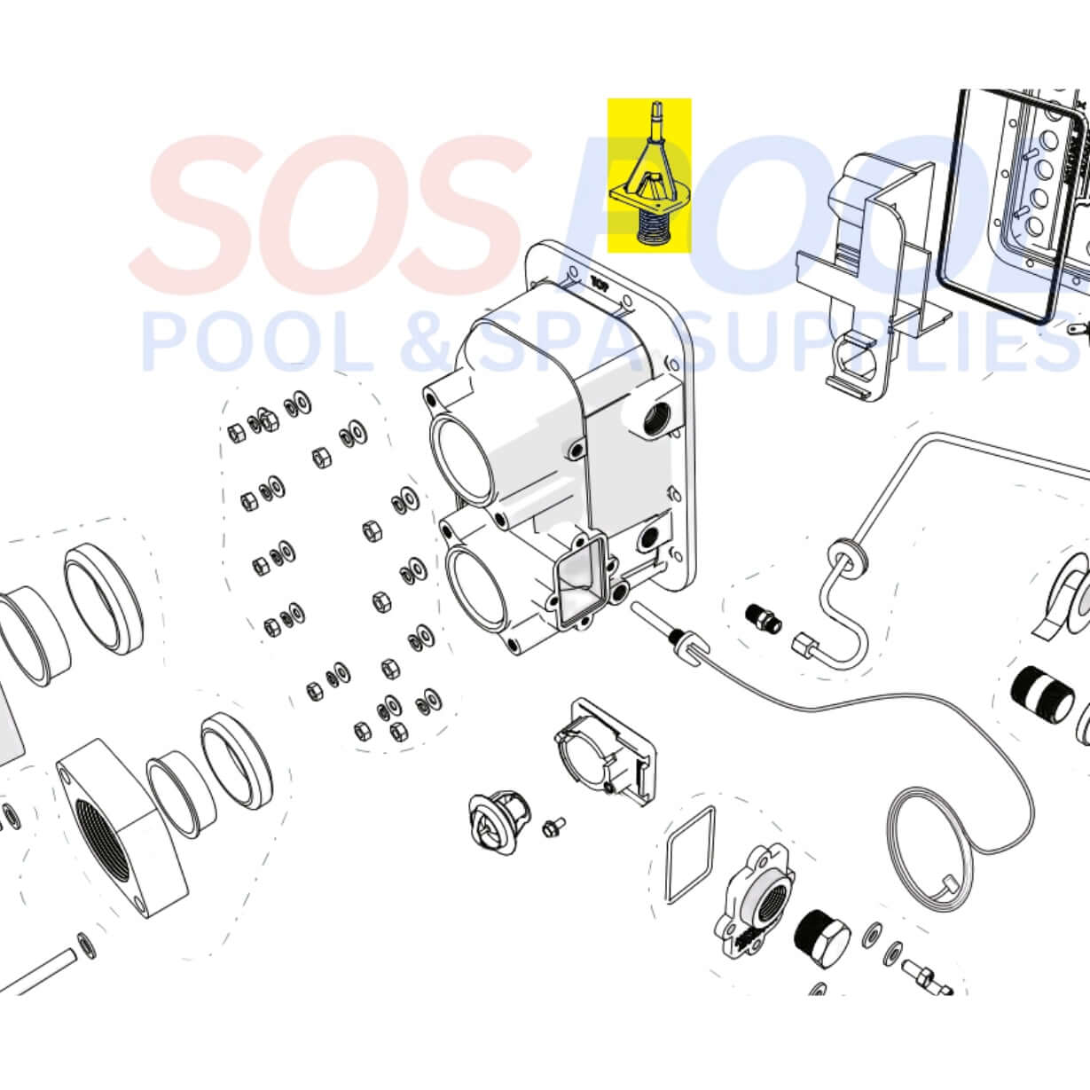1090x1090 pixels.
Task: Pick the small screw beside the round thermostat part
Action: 557,823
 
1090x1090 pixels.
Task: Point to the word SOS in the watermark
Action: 328,206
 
